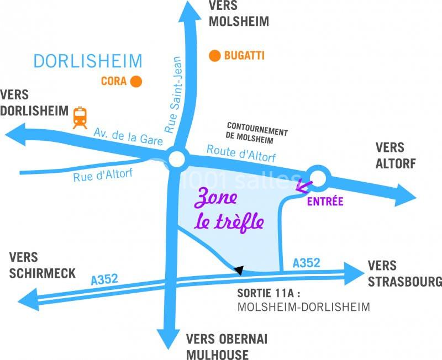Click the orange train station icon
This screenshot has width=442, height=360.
point(81,117)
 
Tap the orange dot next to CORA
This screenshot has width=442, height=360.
point(135,82)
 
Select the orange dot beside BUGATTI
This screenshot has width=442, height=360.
point(214,55)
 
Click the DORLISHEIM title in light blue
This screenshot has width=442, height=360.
point(88,61)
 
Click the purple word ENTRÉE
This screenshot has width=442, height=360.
point(325,202)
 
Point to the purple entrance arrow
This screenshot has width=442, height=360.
point(302,186)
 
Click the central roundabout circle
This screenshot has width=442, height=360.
point(177,160)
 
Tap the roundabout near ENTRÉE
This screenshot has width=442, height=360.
point(319,177)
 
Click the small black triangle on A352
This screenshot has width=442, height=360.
point(239,269)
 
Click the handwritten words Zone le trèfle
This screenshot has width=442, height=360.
point(228,210)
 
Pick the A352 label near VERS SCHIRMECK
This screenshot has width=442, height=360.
point(104,279)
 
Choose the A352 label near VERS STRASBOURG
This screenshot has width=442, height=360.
point(306,263)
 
